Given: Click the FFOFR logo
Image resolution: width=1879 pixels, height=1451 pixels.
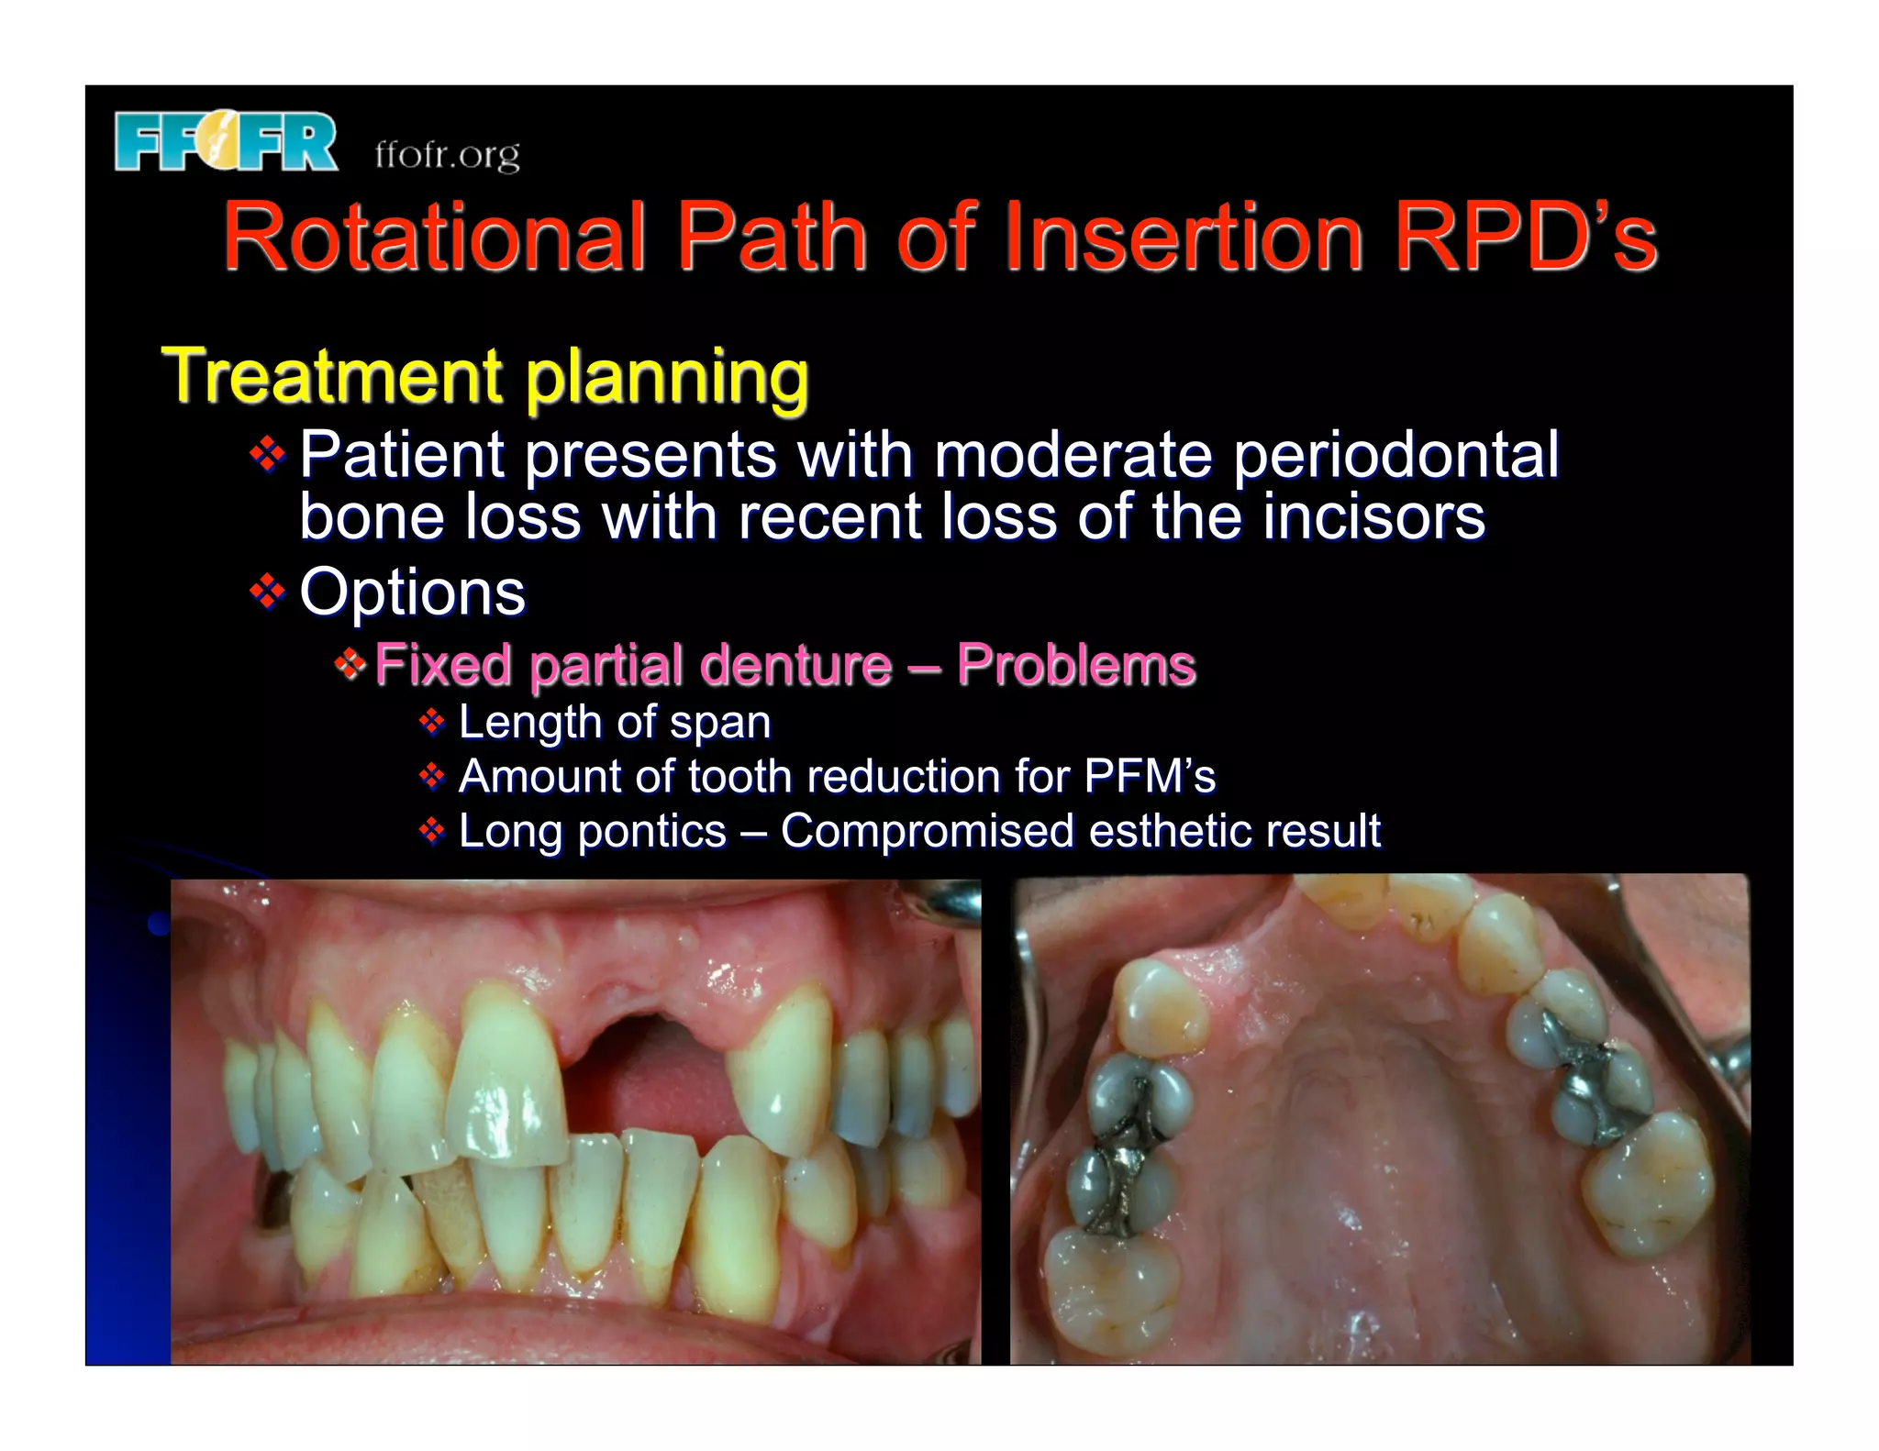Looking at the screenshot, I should point(226,141).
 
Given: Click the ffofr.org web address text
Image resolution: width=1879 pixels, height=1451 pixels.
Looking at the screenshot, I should point(447,154).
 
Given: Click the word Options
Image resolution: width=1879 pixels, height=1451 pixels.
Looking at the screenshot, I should point(412,592).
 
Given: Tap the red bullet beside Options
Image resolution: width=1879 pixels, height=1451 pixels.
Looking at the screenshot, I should point(267,592).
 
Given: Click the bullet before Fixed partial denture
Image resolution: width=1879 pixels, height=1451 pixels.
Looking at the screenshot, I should point(350,662).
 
